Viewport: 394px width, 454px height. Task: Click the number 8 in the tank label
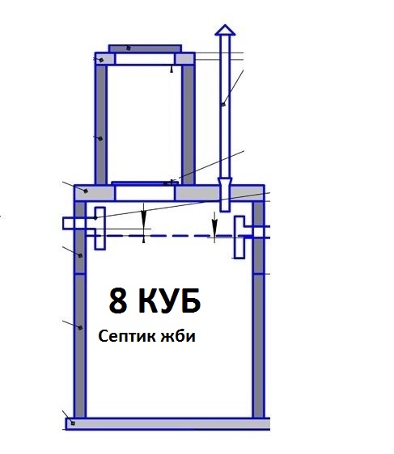point(118,301)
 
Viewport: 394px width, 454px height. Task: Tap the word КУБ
point(169,301)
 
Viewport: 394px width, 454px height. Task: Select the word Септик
point(127,336)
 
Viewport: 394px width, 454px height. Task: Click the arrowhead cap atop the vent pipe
point(225,30)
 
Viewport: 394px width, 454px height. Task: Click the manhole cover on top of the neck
point(146,48)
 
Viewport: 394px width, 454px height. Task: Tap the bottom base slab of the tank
point(167,423)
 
